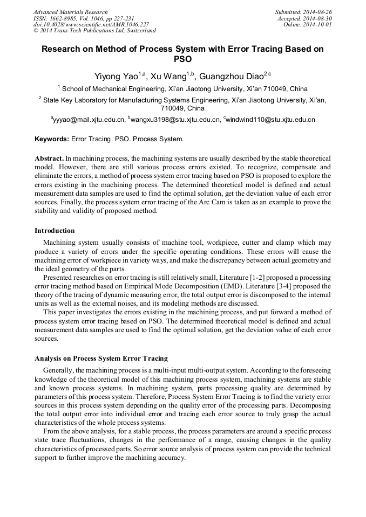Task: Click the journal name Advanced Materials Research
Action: [x=70, y=12]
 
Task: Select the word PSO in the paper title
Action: [x=182, y=59]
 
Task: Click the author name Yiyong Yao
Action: [x=116, y=75]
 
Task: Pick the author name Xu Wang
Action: [x=168, y=75]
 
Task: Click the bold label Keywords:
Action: [x=52, y=139]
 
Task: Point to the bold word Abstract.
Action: [x=49, y=159]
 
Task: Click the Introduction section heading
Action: [x=55, y=231]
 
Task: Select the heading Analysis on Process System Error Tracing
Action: [x=101, y=359]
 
